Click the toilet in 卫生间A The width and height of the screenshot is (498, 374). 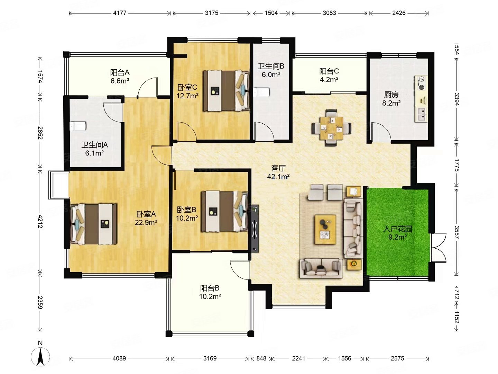78,126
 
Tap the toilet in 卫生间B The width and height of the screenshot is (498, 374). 261,92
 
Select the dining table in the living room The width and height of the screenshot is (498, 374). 331,128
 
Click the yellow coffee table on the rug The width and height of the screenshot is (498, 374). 325,230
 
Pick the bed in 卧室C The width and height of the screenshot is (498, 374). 226,90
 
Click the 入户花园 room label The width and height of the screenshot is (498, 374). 397,229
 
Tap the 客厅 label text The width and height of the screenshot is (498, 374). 278,168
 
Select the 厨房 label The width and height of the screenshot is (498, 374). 391,95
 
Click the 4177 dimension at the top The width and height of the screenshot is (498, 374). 120,13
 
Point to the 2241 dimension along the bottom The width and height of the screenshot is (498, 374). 298,358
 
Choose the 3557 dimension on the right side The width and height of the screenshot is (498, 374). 456,232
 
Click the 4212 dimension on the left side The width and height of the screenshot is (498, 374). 40,221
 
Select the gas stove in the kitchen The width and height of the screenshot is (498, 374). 422,83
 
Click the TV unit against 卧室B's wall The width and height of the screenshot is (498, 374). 255,229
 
